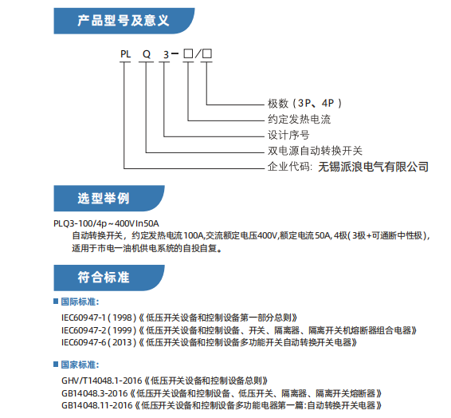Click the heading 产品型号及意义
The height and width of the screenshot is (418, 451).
pyautogui.click(x=123, y=21)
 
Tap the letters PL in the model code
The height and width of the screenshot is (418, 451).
pyautogui.click(x=125, y=53)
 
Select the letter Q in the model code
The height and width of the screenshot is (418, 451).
pyautogui.click(x=147, y=54)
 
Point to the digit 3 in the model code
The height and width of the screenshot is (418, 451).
pyautogui.click(x=166, y=55)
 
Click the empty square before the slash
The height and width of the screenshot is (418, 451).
pyautogui.click(x=188, y=53)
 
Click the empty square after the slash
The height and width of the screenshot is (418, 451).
pyautogui.click(x=207, y=53)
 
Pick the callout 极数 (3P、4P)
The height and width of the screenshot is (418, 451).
pyautogui.click(x=304, y=104)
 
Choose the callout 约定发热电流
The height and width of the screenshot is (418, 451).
pyautogui.click(x=299, y=119)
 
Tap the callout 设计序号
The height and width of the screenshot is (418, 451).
pyautogui.click(x=288, y=135)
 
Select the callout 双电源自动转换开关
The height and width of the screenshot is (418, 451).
pyautogui.click(x=315, y=151)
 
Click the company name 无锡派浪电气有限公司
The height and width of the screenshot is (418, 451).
pyautogui.click(x=374, y=167)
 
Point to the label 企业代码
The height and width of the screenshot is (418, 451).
pyautogui.click(x=288, y=167)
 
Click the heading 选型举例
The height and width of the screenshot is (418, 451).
pyautogui.click(x=104, y=199)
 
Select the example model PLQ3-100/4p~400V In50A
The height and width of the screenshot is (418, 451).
pyautogui.click(x=106, y=223)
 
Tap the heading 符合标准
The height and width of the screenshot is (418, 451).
pyautogui.click(x=104, y=278)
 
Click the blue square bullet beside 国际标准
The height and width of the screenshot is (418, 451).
pyautogui.click(x=56, y=301)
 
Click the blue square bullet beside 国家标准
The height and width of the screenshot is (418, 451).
pyautogui.click(x=56, y=365)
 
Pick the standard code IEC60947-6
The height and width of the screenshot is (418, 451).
pyautogui.click(x=84, y=342)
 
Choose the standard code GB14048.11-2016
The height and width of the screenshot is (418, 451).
pyautogui.click(x=97, y=405)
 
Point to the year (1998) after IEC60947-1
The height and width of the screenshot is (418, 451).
pyautogui.click(x=122, y=317)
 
